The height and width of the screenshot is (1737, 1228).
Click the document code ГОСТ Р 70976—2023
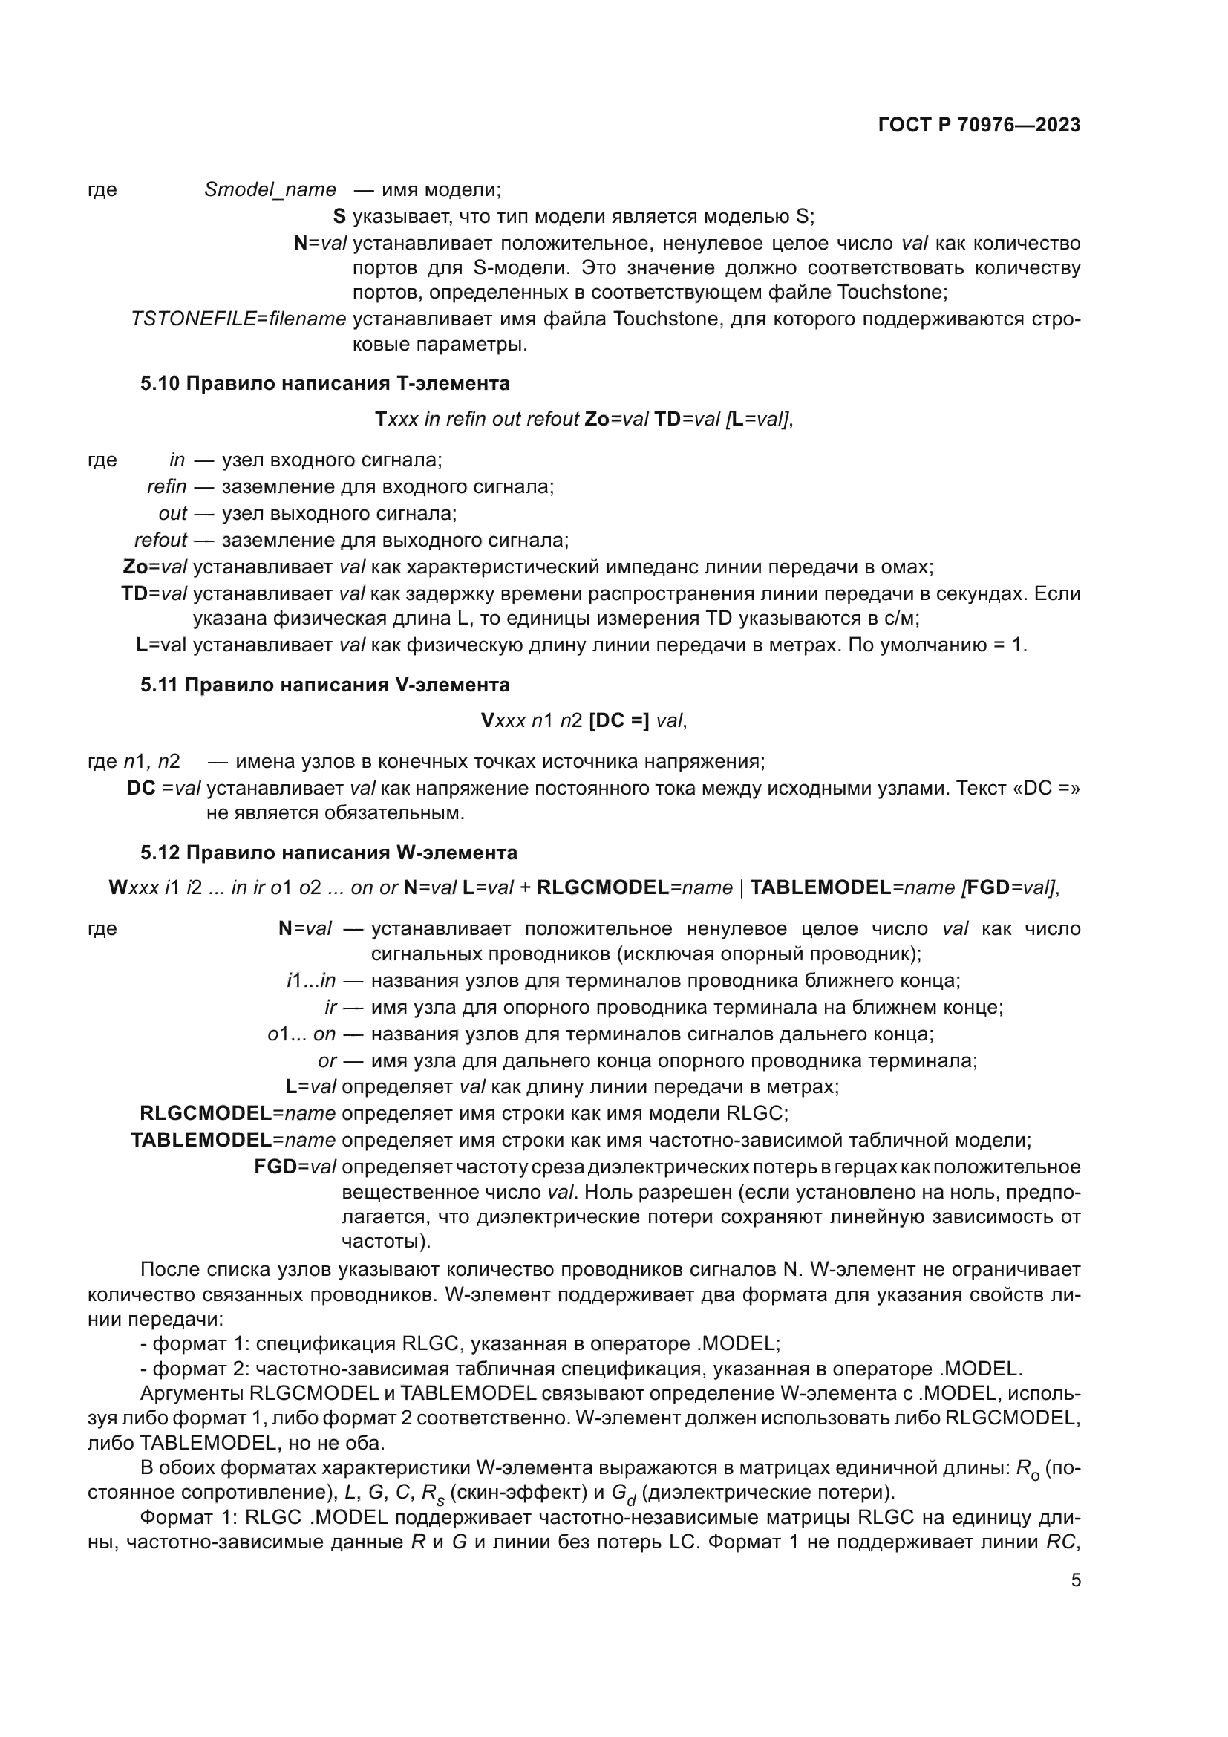tap(979, 126)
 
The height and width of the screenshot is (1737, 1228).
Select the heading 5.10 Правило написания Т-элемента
tap(324, 383)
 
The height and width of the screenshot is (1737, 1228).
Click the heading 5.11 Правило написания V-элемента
tap(324, 685)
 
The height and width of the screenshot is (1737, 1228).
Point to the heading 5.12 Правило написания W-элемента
tap(328, 853)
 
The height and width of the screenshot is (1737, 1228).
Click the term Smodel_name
tap(270, 190)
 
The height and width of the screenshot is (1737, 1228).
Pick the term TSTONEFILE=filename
tap(238, 319)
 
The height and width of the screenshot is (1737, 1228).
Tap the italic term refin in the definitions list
tap(166, 486)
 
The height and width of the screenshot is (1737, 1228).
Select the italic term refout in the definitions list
tap(160, 540)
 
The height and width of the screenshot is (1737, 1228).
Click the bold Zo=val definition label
tap(154, 567)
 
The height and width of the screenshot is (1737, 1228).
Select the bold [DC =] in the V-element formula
tap(618, 721)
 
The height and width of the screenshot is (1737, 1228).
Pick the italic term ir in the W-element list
tap(330, 1007)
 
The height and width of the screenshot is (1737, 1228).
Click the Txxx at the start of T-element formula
tap(396, 419)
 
